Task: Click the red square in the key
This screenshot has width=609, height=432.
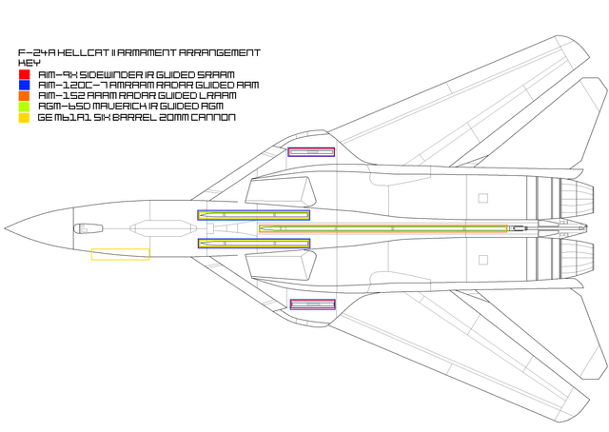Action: click(x=24, y=74)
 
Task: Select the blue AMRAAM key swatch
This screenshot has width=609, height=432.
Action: click(x=24, y=85)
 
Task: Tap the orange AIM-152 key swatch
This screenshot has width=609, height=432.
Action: click(x=24, y=96)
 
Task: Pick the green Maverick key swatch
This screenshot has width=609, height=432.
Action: click(x=24, y=107)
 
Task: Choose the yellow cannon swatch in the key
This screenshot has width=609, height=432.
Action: click(x=24, y=118)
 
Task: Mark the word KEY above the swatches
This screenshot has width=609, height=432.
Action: click(x=29, y=63)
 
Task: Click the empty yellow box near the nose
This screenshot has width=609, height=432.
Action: click(x=120, y=254)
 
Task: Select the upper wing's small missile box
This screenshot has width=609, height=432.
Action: click(x=311, y=152)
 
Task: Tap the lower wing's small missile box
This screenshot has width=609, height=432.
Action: click(x=312, y=304)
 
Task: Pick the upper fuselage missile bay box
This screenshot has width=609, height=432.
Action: click(x=254, y=216)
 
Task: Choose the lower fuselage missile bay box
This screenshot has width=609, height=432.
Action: click(x=254, y=244)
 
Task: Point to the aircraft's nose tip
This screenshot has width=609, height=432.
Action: click(x=6, y=228)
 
